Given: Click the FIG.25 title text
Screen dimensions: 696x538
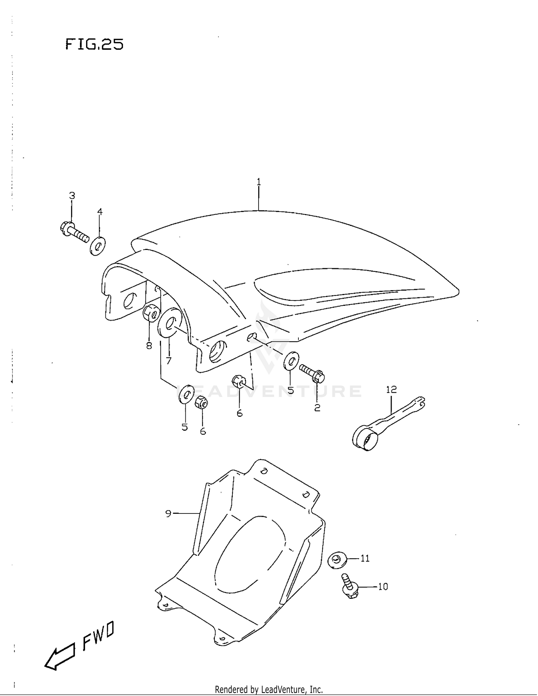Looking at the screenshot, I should coord(94,44).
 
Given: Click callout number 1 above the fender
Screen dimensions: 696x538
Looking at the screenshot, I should coord(259,182).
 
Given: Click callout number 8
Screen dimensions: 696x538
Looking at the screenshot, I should coord(149,346).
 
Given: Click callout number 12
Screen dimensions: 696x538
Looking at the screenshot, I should coord(391,389).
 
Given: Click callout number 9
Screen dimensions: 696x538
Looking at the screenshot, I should coord(168,513).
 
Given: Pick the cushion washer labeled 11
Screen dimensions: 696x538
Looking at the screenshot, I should coord(337,560).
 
